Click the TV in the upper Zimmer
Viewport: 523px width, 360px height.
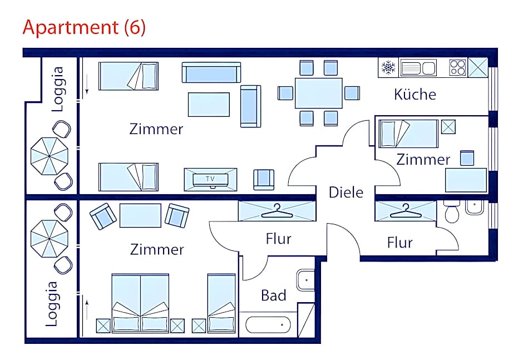click(x=210, y=180)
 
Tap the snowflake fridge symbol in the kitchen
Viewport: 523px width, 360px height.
click(x=388, y=67)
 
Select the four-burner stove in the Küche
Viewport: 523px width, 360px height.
click(x=457, y=67)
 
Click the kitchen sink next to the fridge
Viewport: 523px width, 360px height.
click(x=418, y=68)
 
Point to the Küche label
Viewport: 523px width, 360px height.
click(x=415, y=95)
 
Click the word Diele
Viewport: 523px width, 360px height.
click(x=346, y=193)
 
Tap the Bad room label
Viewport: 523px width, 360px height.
click(x=274, y=295)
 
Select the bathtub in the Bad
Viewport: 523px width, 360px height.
click(x=268, y=324)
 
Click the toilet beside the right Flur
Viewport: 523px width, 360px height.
click(x=452, y=211)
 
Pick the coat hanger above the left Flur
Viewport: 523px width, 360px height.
click(x=277, y=211)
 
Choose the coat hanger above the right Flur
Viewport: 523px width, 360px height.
click(x=405, y=211)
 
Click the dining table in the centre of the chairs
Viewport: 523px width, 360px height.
click(x=319, y=93)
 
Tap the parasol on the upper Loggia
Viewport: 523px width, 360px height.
click(x=50, y=156)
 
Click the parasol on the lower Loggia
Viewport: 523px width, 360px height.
click(x=50, y=239)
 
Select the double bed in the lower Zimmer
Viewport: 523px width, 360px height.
click(x=140, y=303)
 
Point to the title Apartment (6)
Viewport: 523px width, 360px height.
click(x=84, y=27)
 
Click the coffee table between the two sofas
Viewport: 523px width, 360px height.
click(x=209, y=105)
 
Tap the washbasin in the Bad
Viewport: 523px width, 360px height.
click(x=305, y=279)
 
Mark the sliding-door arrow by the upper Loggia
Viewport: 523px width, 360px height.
click(x=87, y=84)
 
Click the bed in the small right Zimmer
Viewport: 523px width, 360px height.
click(x=408, y=134)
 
